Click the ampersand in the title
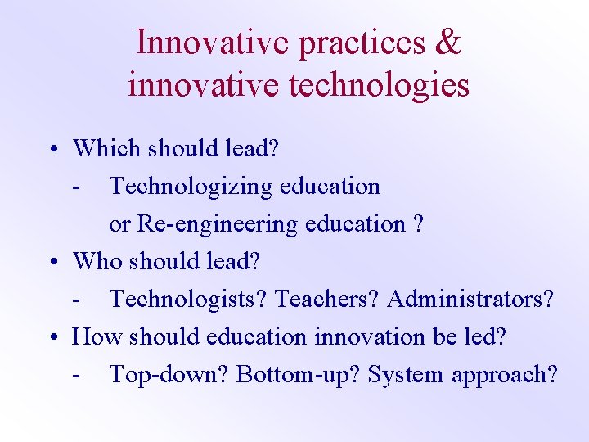[449, 43]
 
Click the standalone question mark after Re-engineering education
[419, 223]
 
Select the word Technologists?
[189, 300]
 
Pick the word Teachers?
[328, 300]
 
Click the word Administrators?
[470, 300]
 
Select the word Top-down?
[169, 375]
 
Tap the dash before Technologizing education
[76, 187]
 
